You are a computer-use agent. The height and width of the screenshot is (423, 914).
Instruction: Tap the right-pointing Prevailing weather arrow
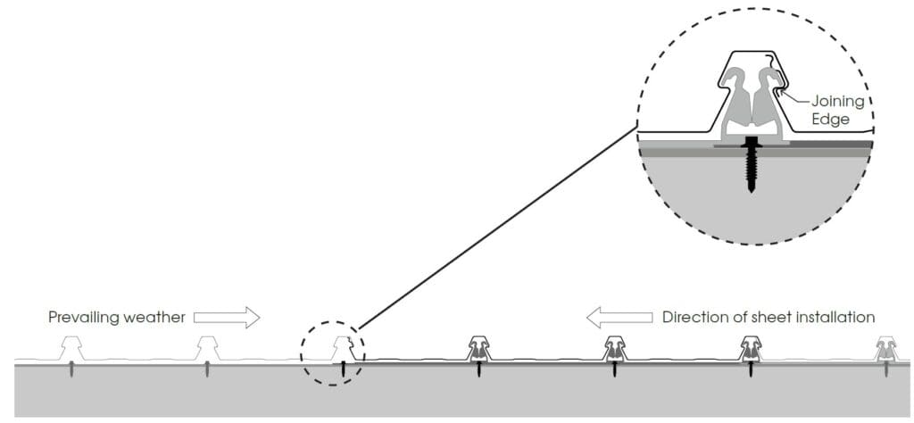click(226, 316)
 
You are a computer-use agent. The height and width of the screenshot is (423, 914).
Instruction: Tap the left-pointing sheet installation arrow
click(619, 316)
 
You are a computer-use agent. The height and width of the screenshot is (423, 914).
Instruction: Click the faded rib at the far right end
click(885, 347)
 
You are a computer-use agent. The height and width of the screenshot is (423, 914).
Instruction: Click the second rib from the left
click(208, 347)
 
